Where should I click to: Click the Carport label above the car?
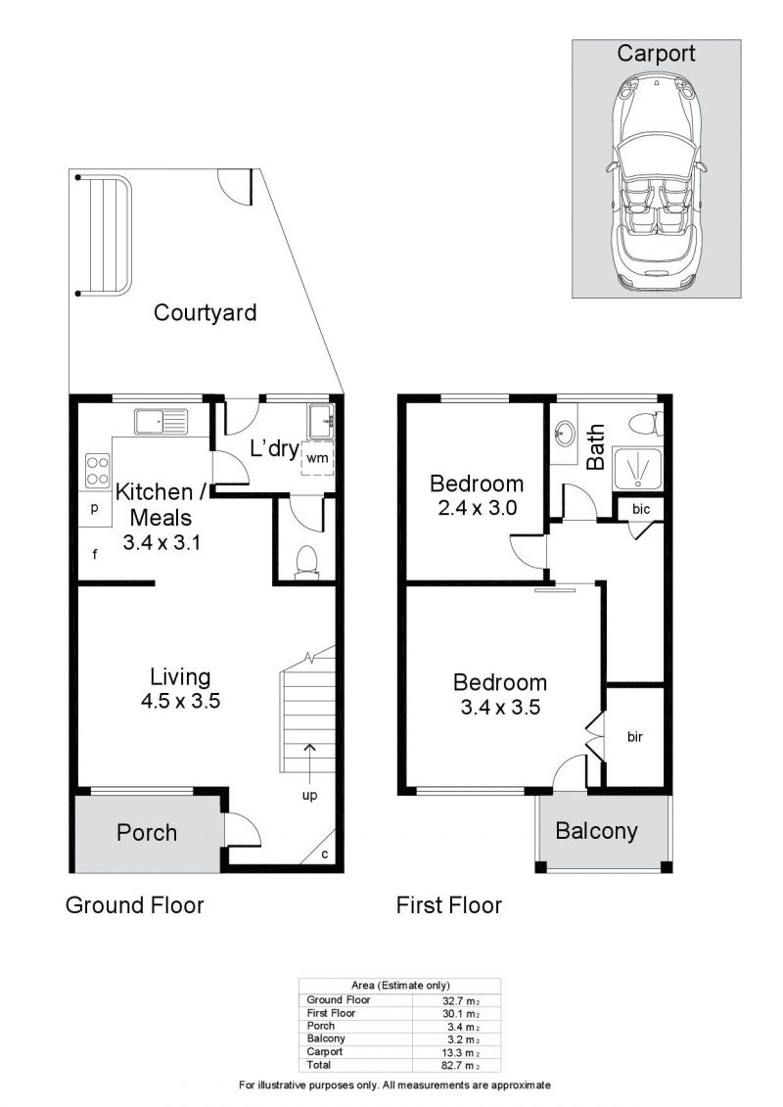(x=656, y=54)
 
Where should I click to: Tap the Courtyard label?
(x=205, y=313)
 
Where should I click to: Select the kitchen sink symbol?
(x=161, y=422)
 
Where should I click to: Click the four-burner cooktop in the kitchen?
(x=98, y=471)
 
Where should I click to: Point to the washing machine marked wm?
(x=318, y=457)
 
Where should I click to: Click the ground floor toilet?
(x=306, y=563)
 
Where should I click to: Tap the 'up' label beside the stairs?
(x=310, y=795)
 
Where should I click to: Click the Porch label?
(x=147, y=832)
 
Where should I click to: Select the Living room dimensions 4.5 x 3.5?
(x=180, y=701)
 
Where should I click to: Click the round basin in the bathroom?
(x=565, y=432)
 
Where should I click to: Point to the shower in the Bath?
(x=638, y=468)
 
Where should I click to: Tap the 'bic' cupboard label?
(x=641, y=509)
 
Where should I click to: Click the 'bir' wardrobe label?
(x=635, y=737)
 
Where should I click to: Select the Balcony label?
(x=597, y=831)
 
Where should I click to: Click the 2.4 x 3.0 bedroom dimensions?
(x=478, y=508)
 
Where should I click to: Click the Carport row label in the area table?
(x=325, y=1052)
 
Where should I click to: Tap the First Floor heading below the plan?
(x=449, y=905)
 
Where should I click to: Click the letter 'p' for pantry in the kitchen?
(x=95, y=508)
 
